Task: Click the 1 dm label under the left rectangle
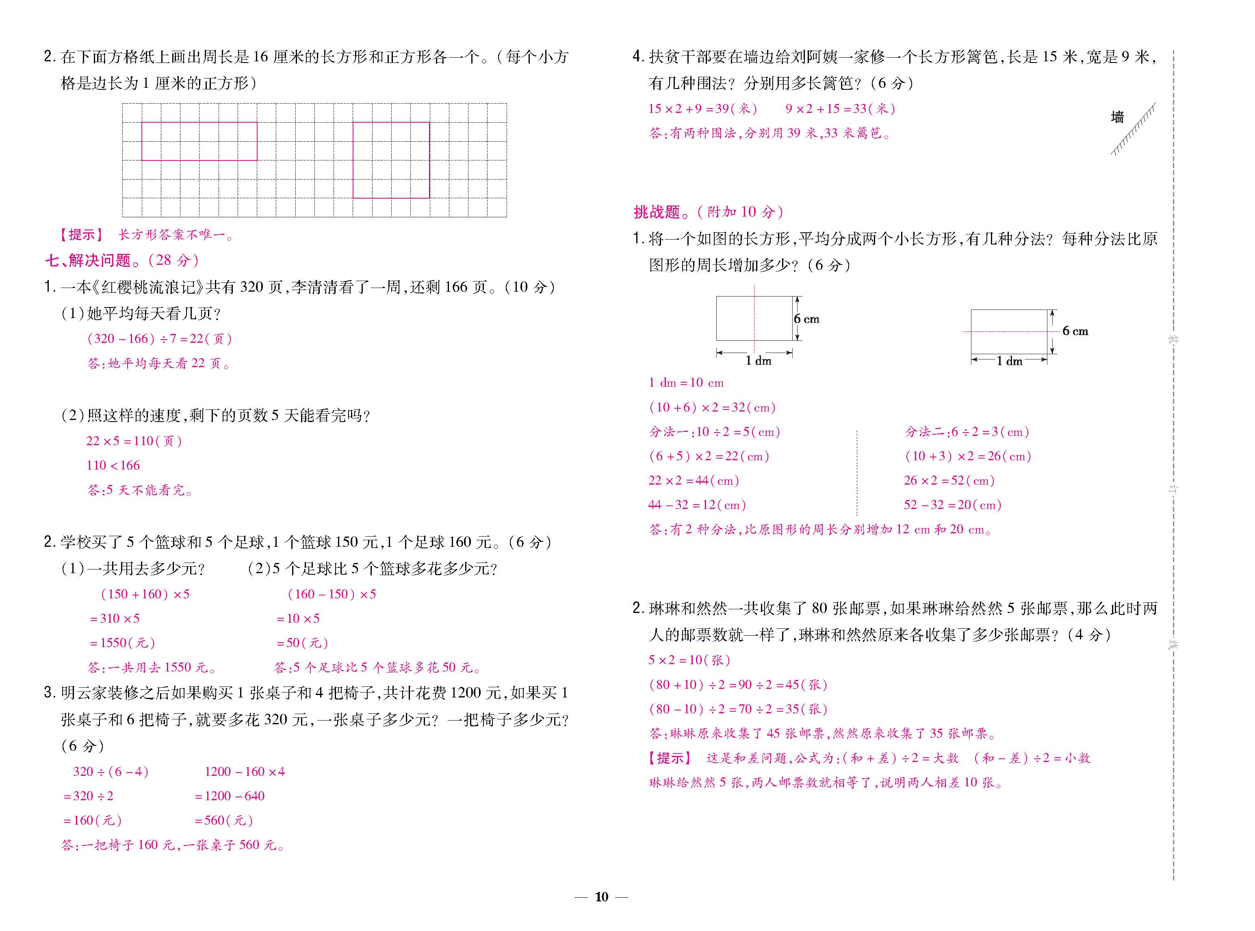point(758,361)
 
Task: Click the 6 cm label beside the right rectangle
point(1075,331)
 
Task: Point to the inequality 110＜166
point(113,465)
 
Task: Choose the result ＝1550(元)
point(122,643)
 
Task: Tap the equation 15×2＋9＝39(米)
point(702,109)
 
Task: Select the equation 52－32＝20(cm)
point(952,505)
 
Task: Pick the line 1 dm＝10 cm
point(686,383)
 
